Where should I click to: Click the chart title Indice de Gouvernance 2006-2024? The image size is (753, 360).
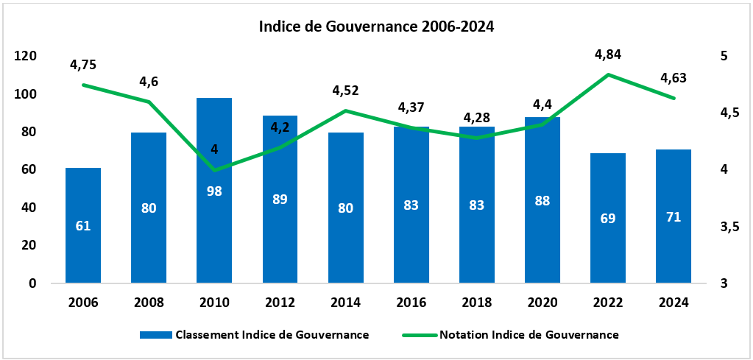[376, 27]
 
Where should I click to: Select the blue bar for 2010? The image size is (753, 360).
[214, 236]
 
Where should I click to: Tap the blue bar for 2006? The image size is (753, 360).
[83, 250]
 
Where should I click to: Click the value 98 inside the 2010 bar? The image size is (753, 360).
[214, 191]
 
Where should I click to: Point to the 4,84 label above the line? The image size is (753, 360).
[608, 54]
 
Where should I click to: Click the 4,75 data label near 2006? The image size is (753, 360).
[83, 65]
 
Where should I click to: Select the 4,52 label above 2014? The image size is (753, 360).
[345, 91]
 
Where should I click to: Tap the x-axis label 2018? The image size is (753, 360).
[477, 303]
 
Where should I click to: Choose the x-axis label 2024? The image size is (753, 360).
[674, 303]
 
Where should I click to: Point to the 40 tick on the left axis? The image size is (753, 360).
[28, 208]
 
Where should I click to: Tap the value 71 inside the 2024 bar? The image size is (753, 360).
[674, 216]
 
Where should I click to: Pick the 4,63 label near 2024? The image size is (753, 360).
[674, 78]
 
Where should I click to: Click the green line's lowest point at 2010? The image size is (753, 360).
[214, 170]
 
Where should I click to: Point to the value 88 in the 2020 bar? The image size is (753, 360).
[542, 201]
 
